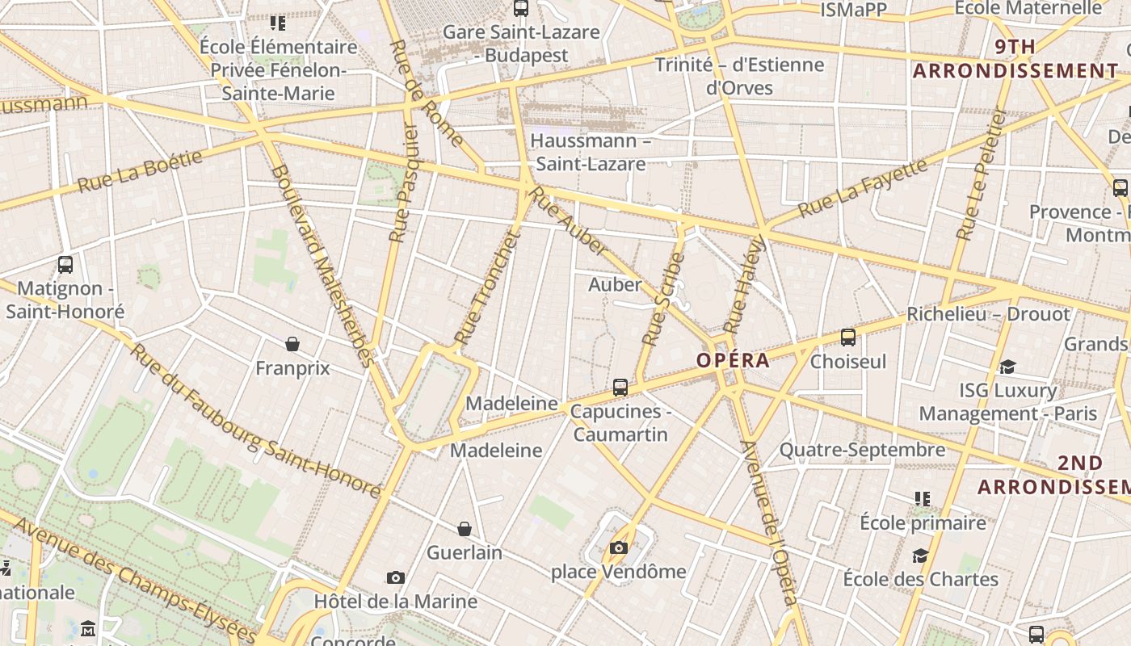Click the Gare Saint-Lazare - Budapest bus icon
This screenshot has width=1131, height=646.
point(521,9)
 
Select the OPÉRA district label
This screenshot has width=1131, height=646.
point(733,360)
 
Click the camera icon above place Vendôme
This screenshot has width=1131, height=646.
point(619,548)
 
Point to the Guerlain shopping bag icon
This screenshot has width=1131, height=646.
point(465,529)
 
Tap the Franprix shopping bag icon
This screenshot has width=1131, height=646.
point(292,344)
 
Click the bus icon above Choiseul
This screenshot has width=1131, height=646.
point(848,338)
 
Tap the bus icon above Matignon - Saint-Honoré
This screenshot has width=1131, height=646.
point(65,264)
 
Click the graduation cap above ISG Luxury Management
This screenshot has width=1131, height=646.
point(1007,367)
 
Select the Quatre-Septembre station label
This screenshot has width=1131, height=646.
point(861,450)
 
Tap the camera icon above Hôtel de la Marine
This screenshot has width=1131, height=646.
point(395,577)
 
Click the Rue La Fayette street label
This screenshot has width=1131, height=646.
point(862,187)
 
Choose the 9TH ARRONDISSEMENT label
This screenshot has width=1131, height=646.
point(1015,59)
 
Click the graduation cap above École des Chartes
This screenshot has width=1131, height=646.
point(920,556)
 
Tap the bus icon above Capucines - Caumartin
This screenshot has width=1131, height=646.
point(620,388)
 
